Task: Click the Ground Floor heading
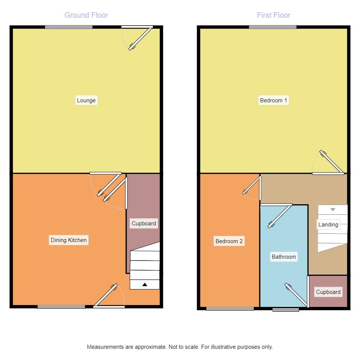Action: click(86, 15)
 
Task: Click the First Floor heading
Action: click(274, 15)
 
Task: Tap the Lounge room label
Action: click(86, 100)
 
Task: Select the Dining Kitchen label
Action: click(69, 240)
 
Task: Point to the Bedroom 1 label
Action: click(274, 100)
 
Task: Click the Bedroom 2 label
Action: click(229, 241)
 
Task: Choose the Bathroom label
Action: click(284, 257)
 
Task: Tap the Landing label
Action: click(328, 225)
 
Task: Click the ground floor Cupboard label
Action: click(144, 223)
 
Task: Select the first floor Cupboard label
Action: click(328, 292)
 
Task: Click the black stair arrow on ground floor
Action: click(145, 285)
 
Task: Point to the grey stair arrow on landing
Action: click(333, 210)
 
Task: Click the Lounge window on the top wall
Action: click(69, 27)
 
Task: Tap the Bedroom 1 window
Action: click(273, 27)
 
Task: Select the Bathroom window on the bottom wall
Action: click(286, 309)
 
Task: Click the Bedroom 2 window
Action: click(230, 308)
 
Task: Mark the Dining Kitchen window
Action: click(61, 307)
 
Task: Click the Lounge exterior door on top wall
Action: click(140, 38)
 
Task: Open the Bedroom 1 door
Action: click(331, 163)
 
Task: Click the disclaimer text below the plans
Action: click(180, 347)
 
